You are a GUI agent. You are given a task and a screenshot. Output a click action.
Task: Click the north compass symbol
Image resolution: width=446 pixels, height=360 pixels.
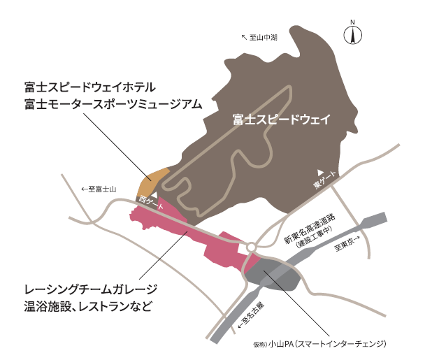[x=353, y=34]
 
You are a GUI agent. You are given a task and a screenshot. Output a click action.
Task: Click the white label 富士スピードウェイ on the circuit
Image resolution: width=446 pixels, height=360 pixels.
[x=282, y=119]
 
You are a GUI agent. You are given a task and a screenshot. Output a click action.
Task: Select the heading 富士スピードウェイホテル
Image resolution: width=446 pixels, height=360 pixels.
[x=90, y=87]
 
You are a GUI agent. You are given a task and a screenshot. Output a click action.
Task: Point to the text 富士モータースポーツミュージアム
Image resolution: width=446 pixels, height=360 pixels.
[x=113, y=104]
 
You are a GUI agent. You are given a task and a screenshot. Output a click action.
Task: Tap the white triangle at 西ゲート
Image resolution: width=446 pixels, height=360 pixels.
[x=154, y=195]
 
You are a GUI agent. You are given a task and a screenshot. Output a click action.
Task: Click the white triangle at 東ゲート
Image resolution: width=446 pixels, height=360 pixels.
[x=321, y=172]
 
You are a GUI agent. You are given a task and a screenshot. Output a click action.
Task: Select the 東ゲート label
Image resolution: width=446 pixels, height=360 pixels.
[x=325, y=180]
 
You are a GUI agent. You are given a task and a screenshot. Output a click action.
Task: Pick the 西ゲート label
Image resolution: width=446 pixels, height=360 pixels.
[x=151, y=203]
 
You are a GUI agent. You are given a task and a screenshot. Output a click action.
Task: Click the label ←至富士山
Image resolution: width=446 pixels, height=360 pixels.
[x=99, y=189]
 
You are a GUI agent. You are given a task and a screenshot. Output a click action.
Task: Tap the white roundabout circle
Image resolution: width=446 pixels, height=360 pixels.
[x=252, y=247]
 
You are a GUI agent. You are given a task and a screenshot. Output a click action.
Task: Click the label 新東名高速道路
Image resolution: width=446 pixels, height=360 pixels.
[x=310, y=229]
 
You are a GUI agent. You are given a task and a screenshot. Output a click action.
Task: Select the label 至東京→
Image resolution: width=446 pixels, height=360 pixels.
[x=347, y=244]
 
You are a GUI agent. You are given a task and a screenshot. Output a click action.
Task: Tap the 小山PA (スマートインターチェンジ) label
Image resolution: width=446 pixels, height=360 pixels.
[x=319, y=344]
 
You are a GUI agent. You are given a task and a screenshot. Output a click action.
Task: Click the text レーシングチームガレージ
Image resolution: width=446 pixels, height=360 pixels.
[x=91, y=290]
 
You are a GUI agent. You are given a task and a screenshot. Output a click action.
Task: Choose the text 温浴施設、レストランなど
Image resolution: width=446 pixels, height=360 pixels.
[x=88, y=307]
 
